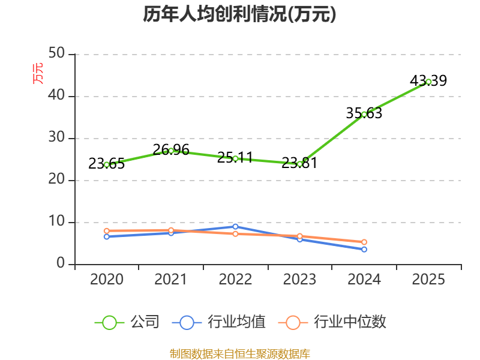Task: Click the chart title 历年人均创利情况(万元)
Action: [x=239, y=14]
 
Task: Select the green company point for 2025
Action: [x=428, y=82]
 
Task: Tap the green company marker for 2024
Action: [x=364, y=115]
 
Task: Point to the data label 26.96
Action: [x=171, y=149]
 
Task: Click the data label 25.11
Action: [x=235, y=157]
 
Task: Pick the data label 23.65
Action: [x=107, y=163]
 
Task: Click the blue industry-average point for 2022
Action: [x=235, y=227]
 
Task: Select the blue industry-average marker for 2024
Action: [x=364, y=250]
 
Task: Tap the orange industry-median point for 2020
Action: [x=107, y=231]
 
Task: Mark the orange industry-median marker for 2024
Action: [x=364, y=242]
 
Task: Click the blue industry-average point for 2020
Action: [x=107, y=236]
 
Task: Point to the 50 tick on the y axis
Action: [x=56, y=53]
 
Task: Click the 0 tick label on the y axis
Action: [x=61, y=263]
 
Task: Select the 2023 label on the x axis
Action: [x=299, y=279]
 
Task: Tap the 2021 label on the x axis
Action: [x=171, y=279]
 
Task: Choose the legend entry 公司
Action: [x=127, y=322]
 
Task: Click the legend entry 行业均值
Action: [x=219, y=322]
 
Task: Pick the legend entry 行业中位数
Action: [x=332, y=322]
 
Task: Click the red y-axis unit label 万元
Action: [x=38, y=73]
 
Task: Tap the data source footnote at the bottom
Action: [x=240, y=354]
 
